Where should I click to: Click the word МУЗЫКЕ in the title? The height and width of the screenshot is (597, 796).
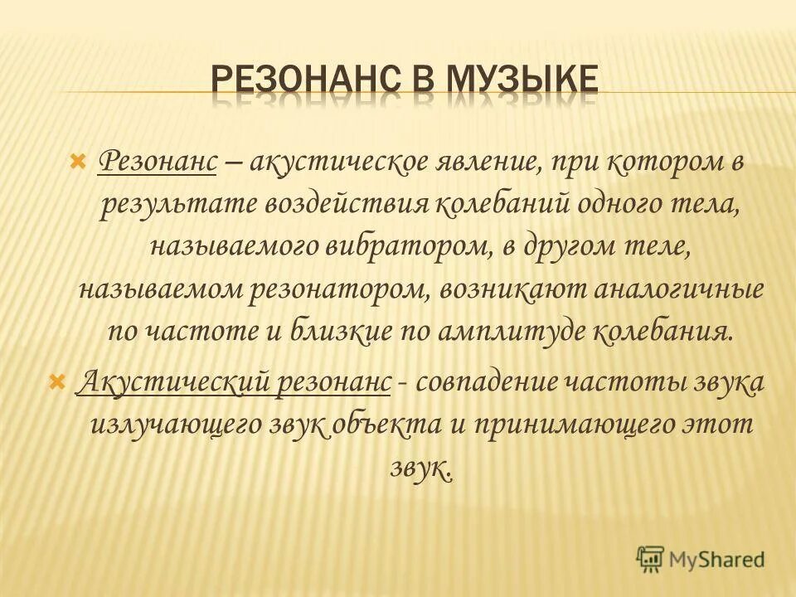click(522, 81)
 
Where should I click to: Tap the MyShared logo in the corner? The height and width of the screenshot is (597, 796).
click(700, 558)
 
